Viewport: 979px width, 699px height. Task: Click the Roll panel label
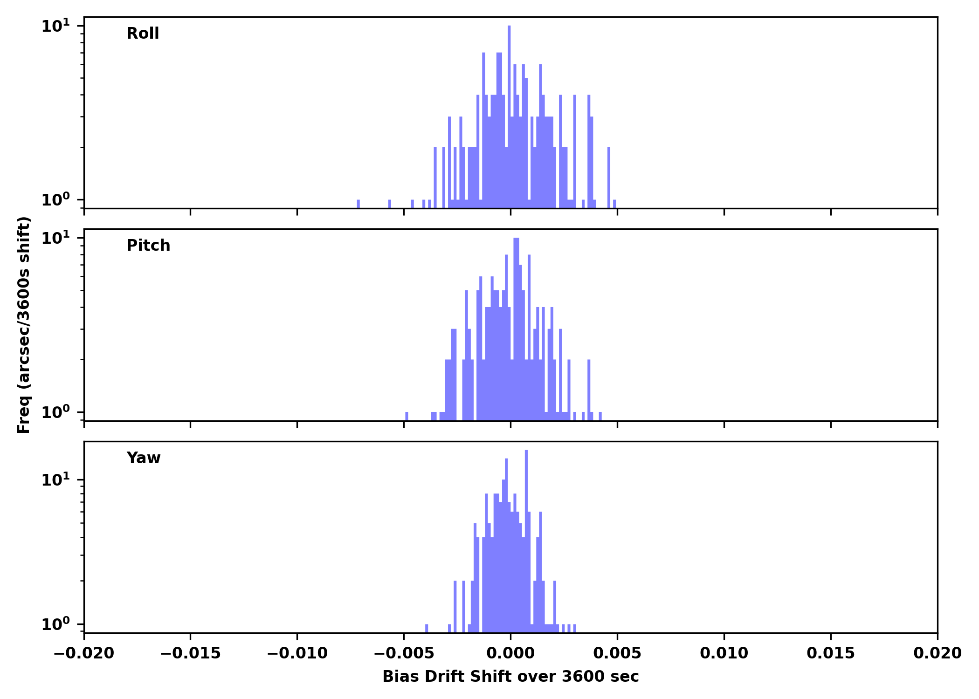(x=143, y=34)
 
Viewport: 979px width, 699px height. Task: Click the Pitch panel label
(x=148, y=246)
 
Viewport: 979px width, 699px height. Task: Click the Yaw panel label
(x=144, y=458)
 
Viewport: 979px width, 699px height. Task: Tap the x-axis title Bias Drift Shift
(x=510, y=677)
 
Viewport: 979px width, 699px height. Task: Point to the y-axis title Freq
(x=24, y=325)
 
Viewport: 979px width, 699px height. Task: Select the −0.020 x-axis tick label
(x=84, y=653)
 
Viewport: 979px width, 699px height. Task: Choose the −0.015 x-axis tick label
(x=190, y=653)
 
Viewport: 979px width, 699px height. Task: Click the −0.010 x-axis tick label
(x=297, y=653)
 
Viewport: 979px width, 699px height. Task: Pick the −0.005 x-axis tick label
(x=404, y=653)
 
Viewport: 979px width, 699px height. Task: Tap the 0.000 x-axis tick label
(x=510, y=653)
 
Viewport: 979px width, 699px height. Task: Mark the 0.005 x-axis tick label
(x=617, y=653)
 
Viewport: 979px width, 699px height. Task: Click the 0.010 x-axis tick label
(x=724, y=653)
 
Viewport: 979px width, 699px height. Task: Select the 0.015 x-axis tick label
(x=831, y=653)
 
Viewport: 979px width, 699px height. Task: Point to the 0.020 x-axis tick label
(x=938, y=653)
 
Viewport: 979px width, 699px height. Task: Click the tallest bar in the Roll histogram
(x=509, y=116)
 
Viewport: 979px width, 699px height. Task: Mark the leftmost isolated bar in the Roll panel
(x=359, y=204)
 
